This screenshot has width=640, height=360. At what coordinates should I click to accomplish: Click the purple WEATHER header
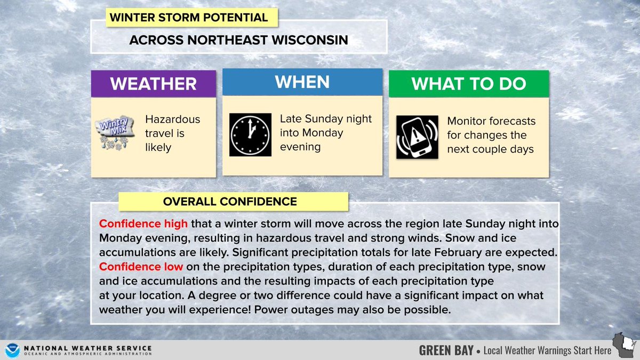coord(153,83)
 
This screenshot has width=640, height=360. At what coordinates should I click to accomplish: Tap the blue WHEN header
coord(302,82)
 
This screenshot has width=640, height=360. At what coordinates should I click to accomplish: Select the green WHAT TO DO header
coord(468,84)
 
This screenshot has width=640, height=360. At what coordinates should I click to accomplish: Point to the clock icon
coord(251,134)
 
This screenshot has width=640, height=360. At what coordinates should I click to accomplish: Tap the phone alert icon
coord(417,137)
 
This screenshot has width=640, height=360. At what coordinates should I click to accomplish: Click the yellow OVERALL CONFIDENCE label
coord(230,202)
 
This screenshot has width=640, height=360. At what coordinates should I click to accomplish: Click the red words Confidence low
coord(141,266)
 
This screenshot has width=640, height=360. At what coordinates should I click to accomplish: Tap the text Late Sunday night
coord(326,118)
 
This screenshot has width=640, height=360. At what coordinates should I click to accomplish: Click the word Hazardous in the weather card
coord(172,119)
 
